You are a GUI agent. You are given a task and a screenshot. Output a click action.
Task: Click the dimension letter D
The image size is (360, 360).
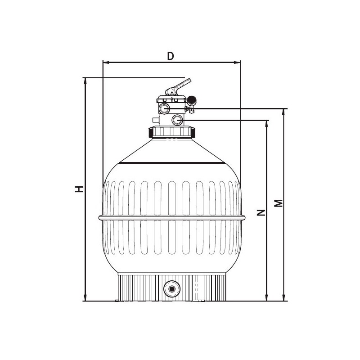[x=171, y=56]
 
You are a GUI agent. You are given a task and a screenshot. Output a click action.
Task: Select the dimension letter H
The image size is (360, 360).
[x=79, y=189]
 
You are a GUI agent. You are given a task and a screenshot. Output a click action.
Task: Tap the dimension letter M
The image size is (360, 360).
[x=279, y=203]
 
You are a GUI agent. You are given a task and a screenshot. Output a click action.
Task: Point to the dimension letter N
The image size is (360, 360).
[x=261, y=212]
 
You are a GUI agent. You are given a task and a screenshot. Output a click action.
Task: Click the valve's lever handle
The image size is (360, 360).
[x=178, y=87]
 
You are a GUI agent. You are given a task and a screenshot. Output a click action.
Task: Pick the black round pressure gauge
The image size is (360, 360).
[x=192, y=100]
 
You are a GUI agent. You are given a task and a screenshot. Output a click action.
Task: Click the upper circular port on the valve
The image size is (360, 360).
[x=164, y=108]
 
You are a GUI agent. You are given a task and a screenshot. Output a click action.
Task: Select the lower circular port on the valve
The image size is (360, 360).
[x=177, y=120]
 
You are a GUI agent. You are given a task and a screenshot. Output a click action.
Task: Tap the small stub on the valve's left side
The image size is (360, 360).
[x=156, y=120]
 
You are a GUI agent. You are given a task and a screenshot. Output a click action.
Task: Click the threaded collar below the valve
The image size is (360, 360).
[x=172, y=132]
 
